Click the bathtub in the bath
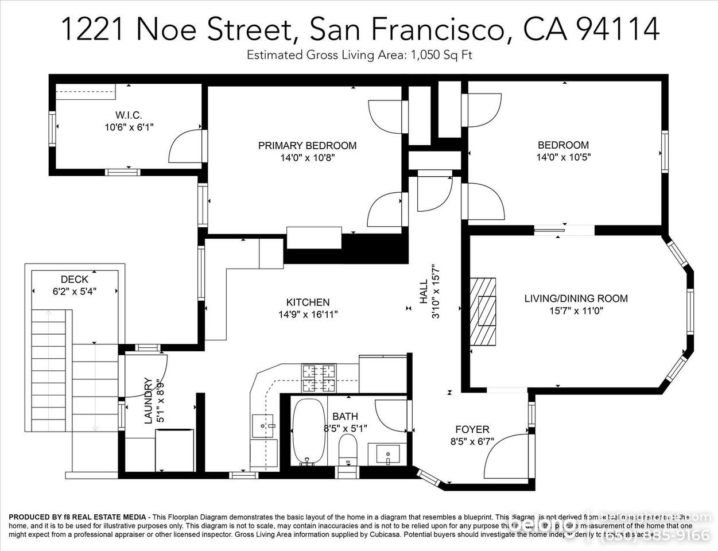click(309, 432)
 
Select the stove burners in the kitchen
click(319, 378)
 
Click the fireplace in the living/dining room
click(483, 311)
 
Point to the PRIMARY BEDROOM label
click(307, 145)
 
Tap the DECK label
click(74, 280)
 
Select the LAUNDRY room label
click(148, 400)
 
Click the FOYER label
click(472, 429)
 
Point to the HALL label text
click(424, 291)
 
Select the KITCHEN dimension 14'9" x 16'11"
click(308, 314)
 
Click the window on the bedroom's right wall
click(665, 152)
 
